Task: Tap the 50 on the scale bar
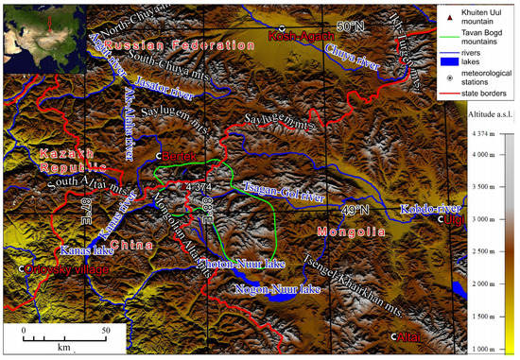[106, 331]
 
